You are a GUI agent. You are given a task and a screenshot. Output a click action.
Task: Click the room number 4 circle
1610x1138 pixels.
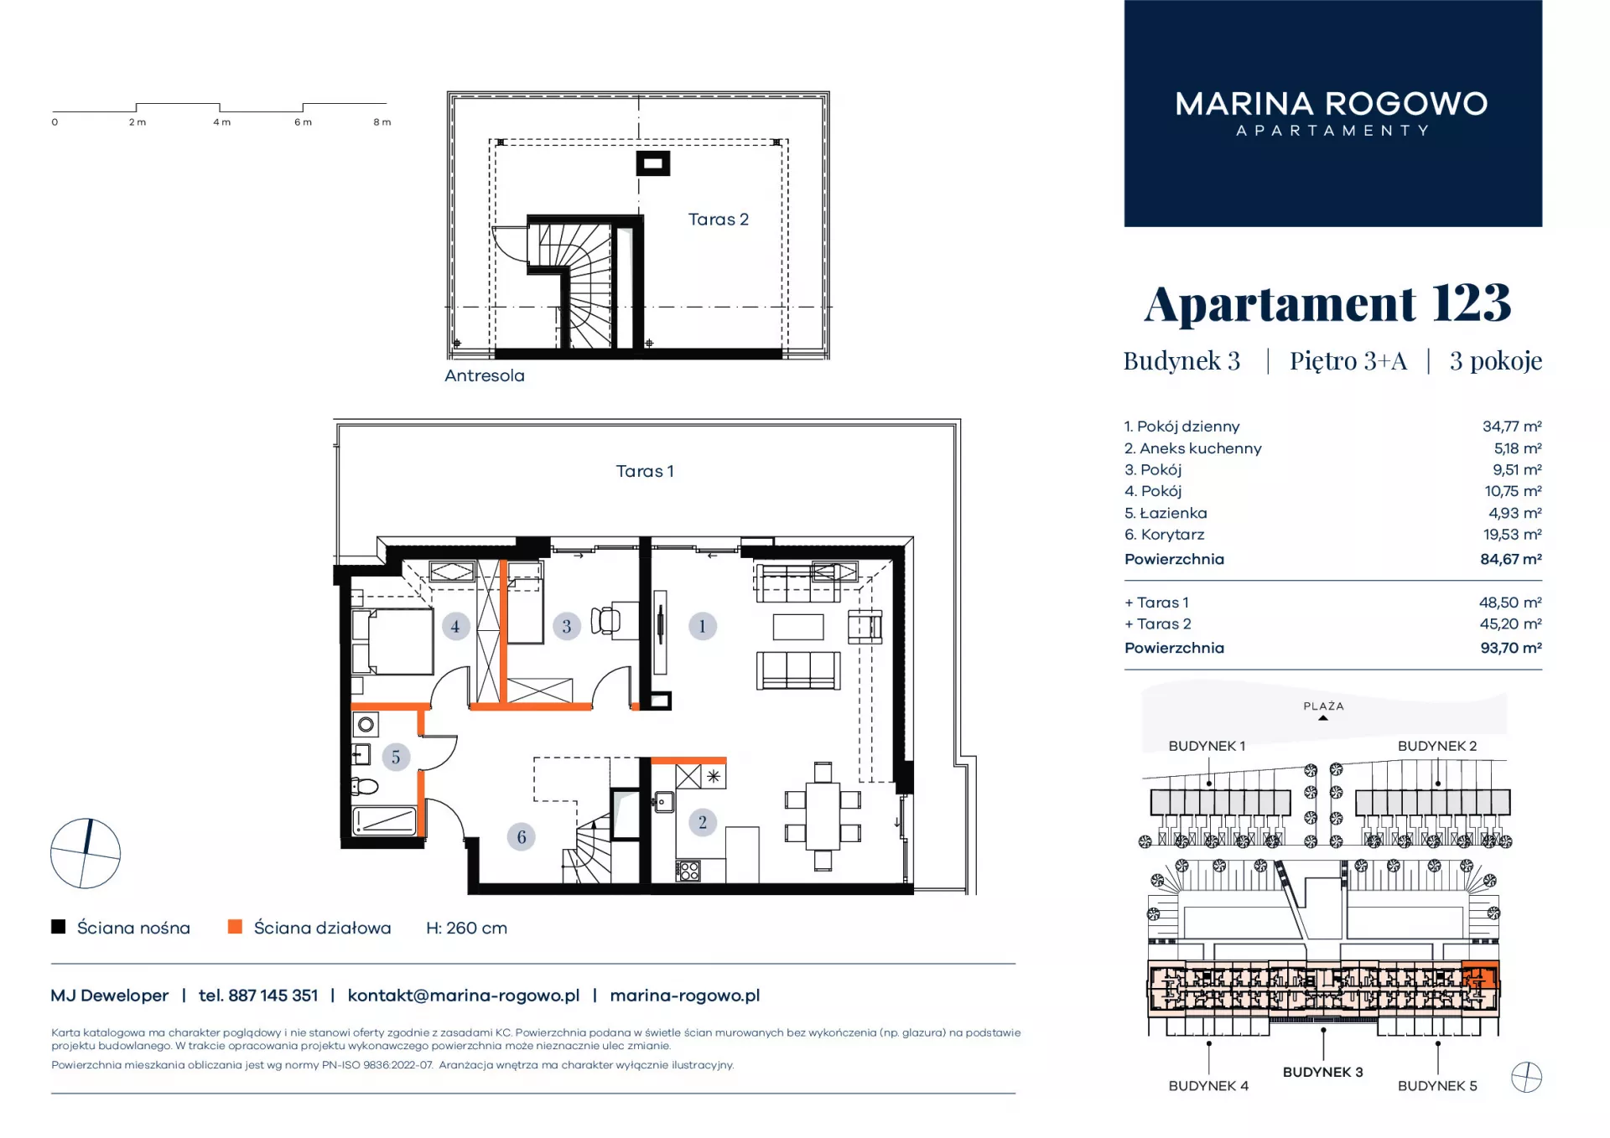(455, 626)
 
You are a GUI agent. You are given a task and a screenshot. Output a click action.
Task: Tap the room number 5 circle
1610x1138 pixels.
(396, 758)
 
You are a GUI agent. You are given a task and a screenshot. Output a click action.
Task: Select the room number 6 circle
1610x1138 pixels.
(522, 836)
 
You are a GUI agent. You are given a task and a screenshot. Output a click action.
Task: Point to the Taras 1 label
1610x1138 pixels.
(645, 471)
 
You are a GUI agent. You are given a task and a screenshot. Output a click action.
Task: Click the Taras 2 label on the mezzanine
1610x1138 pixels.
(718, 220)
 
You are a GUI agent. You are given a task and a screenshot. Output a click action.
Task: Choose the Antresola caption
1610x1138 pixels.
(485, 375)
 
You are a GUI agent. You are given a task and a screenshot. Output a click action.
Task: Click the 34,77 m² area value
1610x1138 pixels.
(1512, 427)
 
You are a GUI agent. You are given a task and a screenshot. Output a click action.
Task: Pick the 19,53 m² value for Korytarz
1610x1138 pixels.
(1513, 535)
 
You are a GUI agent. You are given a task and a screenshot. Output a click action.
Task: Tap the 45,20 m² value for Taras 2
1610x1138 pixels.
(1511, 624)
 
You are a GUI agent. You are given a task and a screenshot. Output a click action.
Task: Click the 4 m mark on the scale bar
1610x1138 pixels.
(221, 122)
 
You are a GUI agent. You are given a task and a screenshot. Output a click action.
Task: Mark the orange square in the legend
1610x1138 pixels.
(235, 927)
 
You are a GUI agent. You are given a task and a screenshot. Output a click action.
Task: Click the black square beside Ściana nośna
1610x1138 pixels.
(59, 927)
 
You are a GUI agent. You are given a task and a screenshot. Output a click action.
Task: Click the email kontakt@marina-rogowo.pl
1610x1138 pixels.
(464, 996)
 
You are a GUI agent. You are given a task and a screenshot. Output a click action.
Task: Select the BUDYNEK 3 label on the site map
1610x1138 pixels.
(1322, 1073)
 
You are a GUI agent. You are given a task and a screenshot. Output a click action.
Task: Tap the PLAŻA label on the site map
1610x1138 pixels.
(1323, 706)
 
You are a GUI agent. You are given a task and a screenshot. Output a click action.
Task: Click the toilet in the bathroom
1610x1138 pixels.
(365, 786)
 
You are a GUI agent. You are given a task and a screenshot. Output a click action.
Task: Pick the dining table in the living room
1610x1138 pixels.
(823, 815)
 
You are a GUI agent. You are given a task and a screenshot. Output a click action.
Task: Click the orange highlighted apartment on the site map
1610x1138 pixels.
(1480, 976)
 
